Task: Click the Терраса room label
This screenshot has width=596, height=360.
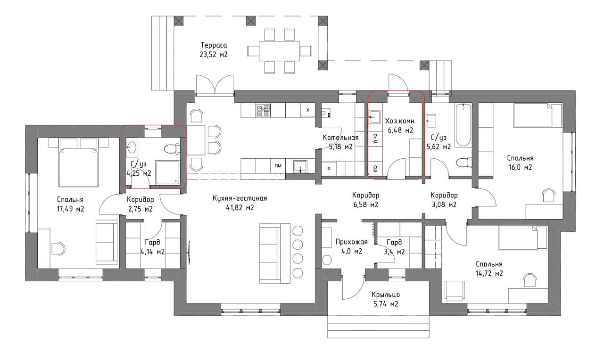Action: coord(214,45)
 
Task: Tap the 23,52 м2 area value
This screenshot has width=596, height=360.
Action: coord(214,55)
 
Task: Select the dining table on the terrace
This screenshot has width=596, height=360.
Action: coord(280,51)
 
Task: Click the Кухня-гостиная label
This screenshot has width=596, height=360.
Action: coord(240,198)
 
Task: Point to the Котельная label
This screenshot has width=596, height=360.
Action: coord(340,138)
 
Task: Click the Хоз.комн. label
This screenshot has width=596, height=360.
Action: coord(400,121)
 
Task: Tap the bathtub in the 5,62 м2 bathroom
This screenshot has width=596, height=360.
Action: coord(463,125)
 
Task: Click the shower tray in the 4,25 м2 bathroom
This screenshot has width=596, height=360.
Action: coord(168,172)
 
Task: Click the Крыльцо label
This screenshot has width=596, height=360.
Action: coord(386,295)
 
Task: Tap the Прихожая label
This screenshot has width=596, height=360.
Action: coord(351,242)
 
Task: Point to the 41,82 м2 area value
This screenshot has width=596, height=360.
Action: coord(240,208)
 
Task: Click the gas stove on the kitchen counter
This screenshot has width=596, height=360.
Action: coord(264,111)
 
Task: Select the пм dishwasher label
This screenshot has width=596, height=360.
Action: coord(278,166)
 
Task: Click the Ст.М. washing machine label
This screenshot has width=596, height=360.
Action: coord(375,139)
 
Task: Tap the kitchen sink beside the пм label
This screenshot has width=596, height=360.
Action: coord(300,166)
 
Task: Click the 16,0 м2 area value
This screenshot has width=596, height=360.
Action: coord(520,167)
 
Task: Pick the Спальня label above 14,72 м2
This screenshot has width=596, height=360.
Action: coord(489,264)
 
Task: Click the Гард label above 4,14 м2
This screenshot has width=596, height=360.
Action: coord(153,242)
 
